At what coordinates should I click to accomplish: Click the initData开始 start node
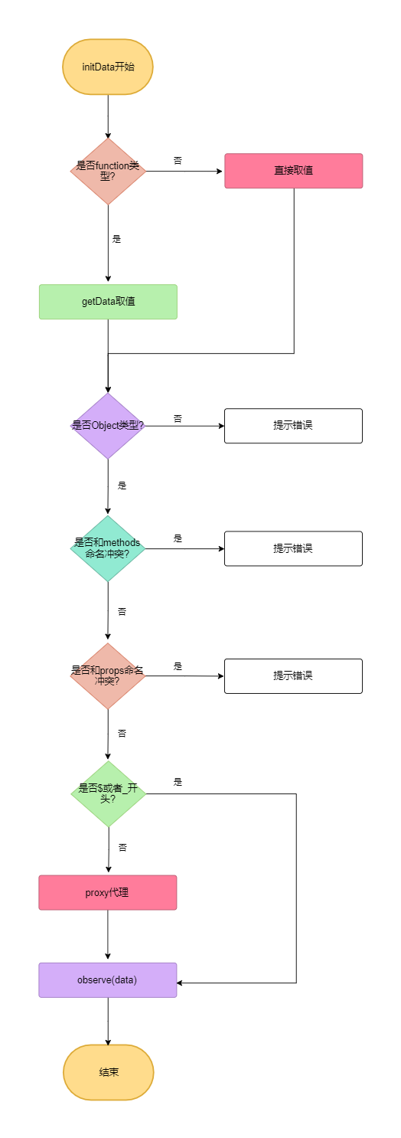[x=108, y=67]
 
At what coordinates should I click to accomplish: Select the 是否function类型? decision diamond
[x=108, y=172]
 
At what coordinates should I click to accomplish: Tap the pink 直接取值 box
[x=293, y=171]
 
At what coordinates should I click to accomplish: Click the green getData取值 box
[x=108, y=302]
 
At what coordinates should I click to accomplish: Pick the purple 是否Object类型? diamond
[x=108, y=426]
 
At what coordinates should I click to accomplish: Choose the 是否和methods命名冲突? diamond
[x=108, y=548]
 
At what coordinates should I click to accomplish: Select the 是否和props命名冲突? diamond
[x=108, y=676]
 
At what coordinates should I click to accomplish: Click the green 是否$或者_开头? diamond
[x=109, y=793]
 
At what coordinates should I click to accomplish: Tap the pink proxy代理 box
[x=108, y=893]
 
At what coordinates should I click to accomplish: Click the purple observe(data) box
[x=108, y=980]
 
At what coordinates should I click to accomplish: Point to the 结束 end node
[x=108, y=1072]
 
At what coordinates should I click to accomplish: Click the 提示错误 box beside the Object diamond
[x=293, y=426]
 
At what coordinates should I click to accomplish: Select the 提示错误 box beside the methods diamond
[x=293, y=548]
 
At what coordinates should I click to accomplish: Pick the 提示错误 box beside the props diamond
[x=293, y=676]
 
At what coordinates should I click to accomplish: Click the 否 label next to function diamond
[x=178, y=161]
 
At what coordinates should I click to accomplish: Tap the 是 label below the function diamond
[x=117, y=239]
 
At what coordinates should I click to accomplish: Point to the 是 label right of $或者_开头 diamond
[x=178, y=782]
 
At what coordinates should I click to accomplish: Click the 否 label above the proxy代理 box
[x=122, y=848]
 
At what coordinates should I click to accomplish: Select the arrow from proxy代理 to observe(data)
[x=108, y=935]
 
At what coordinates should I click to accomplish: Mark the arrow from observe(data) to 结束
[x=108, y=1021]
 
